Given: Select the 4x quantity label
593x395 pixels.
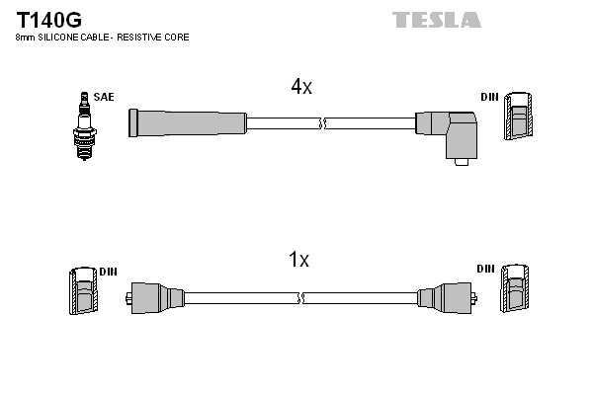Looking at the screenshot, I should (301, 87).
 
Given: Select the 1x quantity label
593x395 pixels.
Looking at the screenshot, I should (298, 261).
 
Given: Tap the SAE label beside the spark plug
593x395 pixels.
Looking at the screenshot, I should (104, 97).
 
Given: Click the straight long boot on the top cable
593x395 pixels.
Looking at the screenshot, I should (188, 122).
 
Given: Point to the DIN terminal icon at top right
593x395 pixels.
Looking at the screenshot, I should (521, 118).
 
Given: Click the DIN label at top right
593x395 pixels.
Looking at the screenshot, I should (489, 97).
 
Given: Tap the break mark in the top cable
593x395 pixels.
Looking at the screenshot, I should (323, 123).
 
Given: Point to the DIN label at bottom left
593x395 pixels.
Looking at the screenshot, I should (108, 271).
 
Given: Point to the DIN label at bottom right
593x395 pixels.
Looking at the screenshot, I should (485, 269).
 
